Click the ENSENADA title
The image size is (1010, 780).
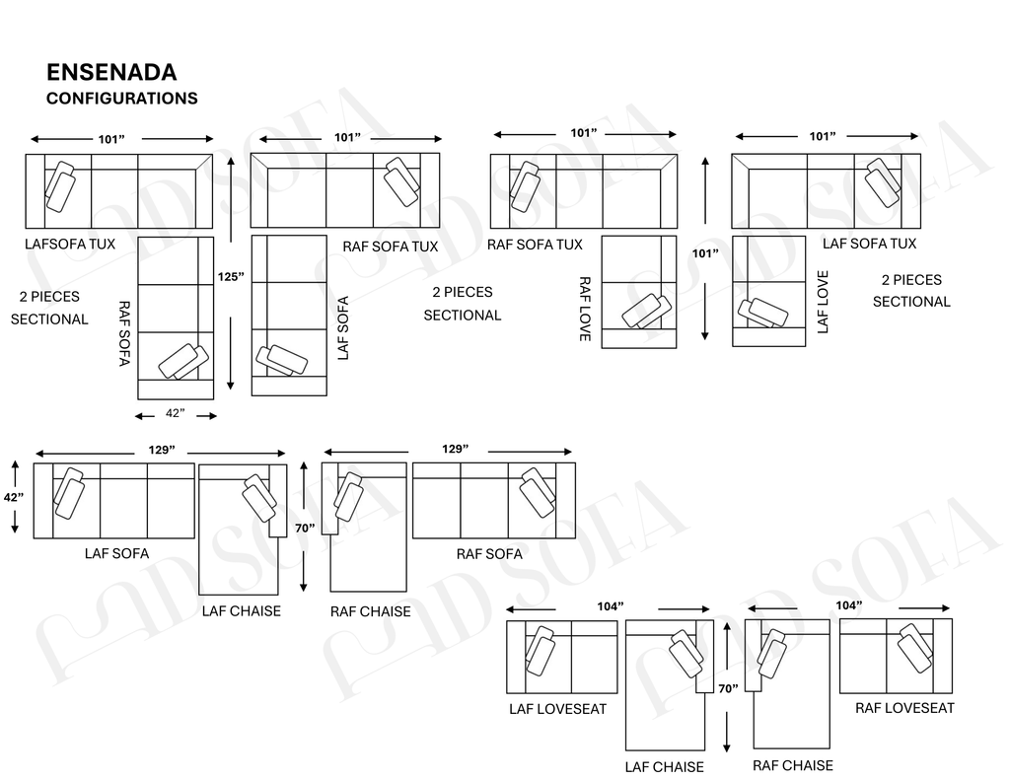pyautogui.click(x=111, y=72)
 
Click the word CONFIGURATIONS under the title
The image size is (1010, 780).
pyautogui.click(x=121, y=98)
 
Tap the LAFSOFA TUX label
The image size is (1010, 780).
pyautogui.click(x=70, y=244)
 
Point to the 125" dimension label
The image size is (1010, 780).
pyautogui.click(x=231, y=276)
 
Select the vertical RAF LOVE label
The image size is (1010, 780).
pyautogui.click(x=585, y=310)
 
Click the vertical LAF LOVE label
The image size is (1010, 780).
pyautogui.click(x=823, y=302)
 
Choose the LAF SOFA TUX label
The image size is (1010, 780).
pyautogui.click(x=869, y=244)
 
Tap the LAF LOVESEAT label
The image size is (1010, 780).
pyautogui.click(x=558, y=709)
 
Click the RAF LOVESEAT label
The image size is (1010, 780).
pyautogui.click(x=904, y=708)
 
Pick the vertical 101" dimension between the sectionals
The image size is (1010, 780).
pyautogui.click(x=705, y=253)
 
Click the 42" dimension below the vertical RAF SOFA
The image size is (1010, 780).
pyautogui.click(x=176, y=413)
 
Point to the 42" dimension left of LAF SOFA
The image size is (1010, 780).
pyautogui.click(x=14, y=497)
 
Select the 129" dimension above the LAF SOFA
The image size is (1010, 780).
pyautogui.click(x=161, y=450)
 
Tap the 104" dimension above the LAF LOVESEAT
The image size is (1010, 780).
pyautogui.click(x=610, y=606)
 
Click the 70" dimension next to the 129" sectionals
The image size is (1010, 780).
pyautogui.click(x=305, y=528)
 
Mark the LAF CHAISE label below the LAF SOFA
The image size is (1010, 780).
pyautogui.click(x=242, y=610)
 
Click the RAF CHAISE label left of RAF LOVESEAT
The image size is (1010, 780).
pyautogui.click(x=793, y=765)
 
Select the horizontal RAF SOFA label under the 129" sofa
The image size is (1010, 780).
pyautogui.click(x=489, y=554)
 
